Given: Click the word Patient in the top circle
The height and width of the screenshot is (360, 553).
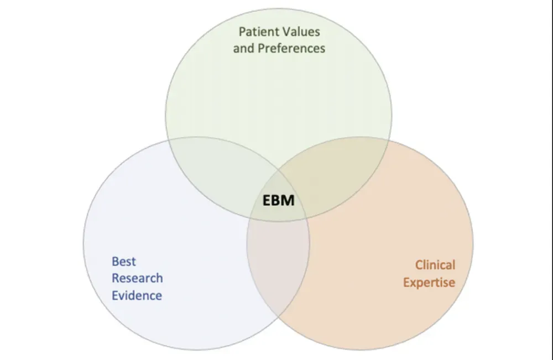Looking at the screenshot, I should pyautogui.click(x=259, y=31).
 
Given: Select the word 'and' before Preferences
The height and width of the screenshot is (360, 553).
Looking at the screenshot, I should pyautogui.click(x=243, y=48).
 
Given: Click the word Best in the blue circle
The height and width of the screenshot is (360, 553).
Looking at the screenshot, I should pyautogui.click(x=123, y=261).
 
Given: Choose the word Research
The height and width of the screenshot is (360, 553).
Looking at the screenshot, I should pyautogui.click(x=137, y=278).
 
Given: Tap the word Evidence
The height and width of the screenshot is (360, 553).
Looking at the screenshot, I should pyautogui.click(x=137, y=295).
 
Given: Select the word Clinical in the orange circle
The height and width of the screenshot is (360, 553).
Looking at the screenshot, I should pyautogui.click(x=435, y=265).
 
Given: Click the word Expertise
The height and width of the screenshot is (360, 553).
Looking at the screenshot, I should pyautogui.click(x=429, y=282).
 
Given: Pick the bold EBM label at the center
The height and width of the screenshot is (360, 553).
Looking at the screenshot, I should pyautogui.click(x=278, y=200).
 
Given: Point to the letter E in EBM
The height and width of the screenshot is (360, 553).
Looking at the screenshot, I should pyautogui.click(x=267, y=200).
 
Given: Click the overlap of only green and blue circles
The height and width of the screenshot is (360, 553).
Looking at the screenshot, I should pyautogui.click(x=221, y=169).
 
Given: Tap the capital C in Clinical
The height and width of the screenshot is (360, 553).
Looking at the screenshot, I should pyautogui.click(x=419, y=265).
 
